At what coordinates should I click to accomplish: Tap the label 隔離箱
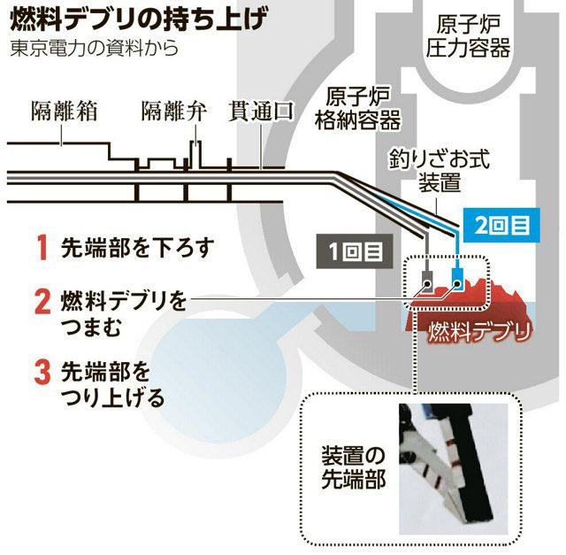[64, 112]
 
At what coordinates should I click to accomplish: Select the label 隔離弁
[173, 112]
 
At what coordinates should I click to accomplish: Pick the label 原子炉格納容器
[357, 107]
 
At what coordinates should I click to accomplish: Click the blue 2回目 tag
[501, 224]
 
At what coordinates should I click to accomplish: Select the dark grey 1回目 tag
[352, 251]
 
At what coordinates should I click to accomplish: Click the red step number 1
[41, 246]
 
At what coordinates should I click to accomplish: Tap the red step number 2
[41, 301]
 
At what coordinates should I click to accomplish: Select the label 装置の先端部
[353, 471]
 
